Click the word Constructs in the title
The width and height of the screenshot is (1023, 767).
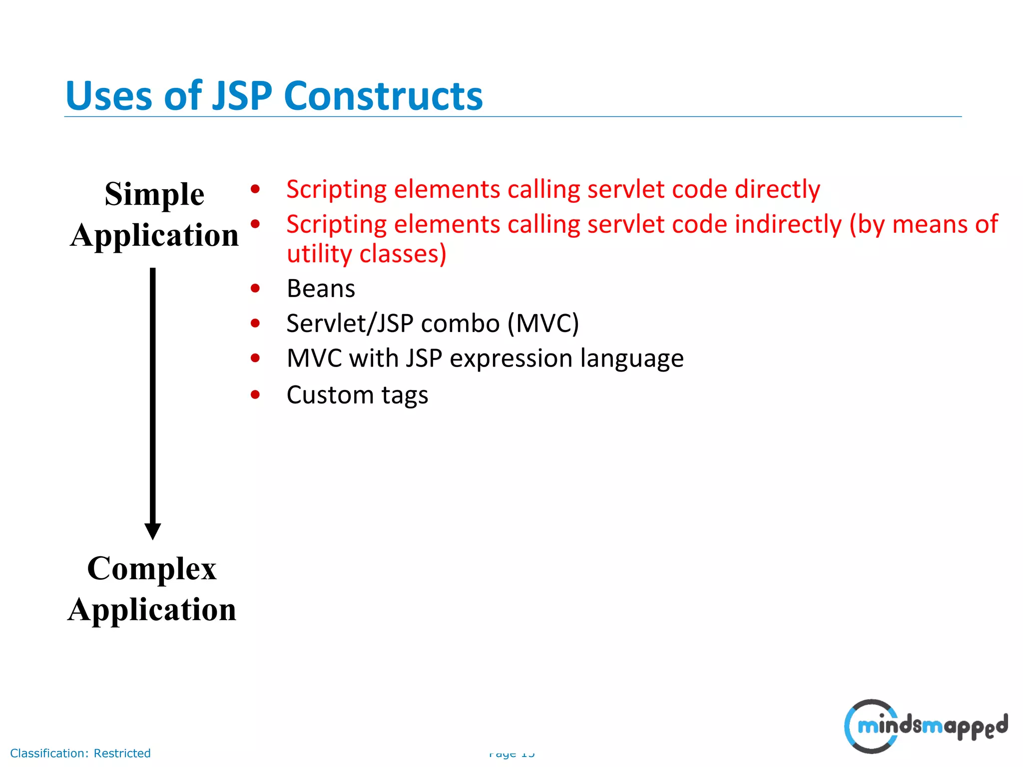point(383,96)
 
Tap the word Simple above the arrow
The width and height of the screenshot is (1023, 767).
point(154,194)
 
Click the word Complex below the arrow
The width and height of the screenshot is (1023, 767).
point(152,569)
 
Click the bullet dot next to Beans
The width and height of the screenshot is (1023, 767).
point(255,288)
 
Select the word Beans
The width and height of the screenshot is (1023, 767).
point(321,289)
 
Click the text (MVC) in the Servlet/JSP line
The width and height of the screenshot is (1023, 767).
point(543,324)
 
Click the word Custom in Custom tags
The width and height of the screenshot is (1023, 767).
point(330,395)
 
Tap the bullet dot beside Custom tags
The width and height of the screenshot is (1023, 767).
point(255,395)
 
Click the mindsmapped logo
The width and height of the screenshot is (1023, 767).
point(925,726)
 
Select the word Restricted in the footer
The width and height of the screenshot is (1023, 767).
point(122,753)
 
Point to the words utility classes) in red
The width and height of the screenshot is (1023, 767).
point(366,254)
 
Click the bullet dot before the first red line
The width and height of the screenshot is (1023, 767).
point(255,189)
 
